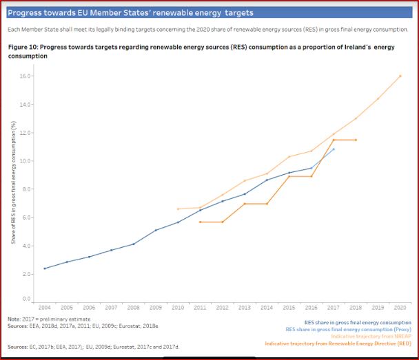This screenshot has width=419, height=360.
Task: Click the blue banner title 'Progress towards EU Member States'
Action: [x=130, y=13]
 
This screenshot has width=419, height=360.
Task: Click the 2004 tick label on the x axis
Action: [x=45, y=306]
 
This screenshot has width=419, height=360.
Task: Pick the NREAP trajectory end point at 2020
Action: [x=400, y=76]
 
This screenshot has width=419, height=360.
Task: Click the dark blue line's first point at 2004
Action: [x=45, y=268]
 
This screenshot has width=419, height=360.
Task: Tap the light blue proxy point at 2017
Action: [x=334, y=149]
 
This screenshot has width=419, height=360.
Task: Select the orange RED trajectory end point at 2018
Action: [x=356, y=140]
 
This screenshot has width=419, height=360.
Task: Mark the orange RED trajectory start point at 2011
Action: [x=200, y=222]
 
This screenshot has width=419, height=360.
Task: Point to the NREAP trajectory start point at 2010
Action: [x=178, y=209]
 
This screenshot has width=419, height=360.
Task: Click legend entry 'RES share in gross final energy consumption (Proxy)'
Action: [x=348, y=329]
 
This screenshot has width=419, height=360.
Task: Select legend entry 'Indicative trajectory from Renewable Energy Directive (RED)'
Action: [x=338, y=343]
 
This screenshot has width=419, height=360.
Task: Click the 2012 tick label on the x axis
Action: [x=223, y=306]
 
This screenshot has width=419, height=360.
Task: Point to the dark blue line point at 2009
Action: [x=156, y=230]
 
